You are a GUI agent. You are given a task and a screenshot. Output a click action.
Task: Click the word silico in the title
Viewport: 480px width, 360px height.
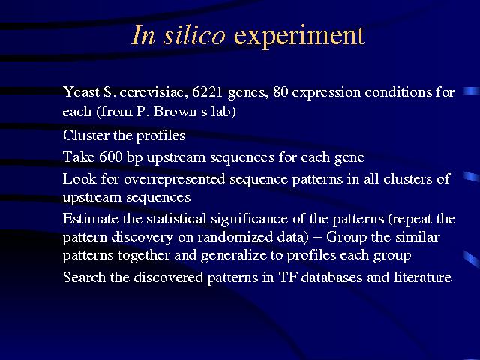click(x=194, y=35)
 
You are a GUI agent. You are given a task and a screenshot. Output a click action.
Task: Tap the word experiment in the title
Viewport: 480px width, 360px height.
click(x=299, y=37)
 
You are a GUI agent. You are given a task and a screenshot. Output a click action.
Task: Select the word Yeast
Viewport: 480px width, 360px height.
click(x=81, y=91)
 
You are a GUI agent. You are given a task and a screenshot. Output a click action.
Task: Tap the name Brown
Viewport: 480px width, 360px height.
click(x=175, y=111)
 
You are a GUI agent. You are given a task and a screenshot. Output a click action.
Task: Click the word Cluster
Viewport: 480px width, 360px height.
click(x=85, y=135)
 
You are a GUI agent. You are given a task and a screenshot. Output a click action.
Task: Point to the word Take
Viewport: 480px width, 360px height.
click(x=79, y=157)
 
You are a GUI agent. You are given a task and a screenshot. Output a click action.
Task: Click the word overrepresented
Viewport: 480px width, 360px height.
click(x=175, y=180)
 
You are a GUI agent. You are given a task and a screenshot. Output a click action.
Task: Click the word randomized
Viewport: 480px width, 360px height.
click(x=235, y=237)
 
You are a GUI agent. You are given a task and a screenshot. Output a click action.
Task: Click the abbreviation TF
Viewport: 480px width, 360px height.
click(x=287, y=277)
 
